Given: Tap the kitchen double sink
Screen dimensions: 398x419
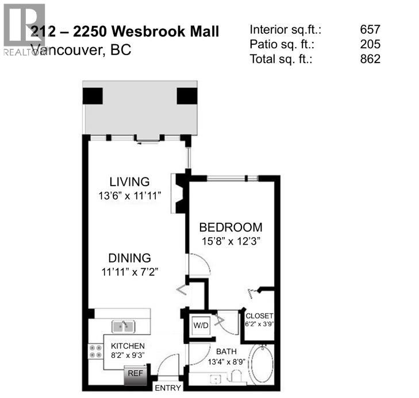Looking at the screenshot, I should tap(123, 326).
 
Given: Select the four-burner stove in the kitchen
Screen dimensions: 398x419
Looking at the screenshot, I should tap(94, 351).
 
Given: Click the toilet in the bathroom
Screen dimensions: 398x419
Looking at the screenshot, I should tap(236, 376).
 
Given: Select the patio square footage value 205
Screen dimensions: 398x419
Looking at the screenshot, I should tap(370, 44).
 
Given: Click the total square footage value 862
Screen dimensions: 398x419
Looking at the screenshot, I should tap(370, 59).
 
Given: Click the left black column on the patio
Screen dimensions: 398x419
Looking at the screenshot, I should tap(93, 95).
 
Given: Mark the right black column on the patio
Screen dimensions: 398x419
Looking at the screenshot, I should tap(187, 95).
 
